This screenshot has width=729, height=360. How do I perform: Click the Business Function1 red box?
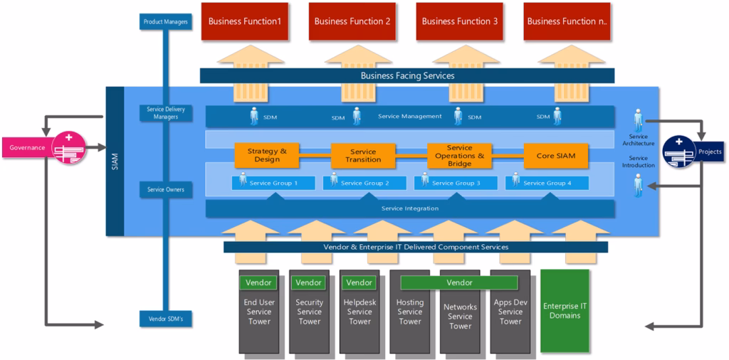coord(244,21)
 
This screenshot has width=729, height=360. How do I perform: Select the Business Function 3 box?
coord(460,21)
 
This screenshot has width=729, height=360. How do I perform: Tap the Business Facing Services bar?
coord(407,75)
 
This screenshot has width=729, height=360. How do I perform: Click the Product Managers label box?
coord(165,22)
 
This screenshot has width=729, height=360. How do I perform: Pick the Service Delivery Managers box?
coord(165,113)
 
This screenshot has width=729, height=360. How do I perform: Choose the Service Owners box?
coord(165,190)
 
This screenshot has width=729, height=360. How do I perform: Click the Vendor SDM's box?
coord(165,319)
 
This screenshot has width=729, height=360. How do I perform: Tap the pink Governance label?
coord(27,148)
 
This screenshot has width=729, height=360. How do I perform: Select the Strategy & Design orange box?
coord(267,155)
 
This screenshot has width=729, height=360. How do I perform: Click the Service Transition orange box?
coord(363,155)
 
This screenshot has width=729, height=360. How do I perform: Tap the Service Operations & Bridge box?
coord(459,155)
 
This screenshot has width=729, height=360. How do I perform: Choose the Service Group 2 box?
coord(364,183)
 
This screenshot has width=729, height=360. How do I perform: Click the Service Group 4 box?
coord(547,183)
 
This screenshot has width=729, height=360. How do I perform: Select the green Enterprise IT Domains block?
coord(565,310)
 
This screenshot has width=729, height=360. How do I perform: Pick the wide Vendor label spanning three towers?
coord(459,282)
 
